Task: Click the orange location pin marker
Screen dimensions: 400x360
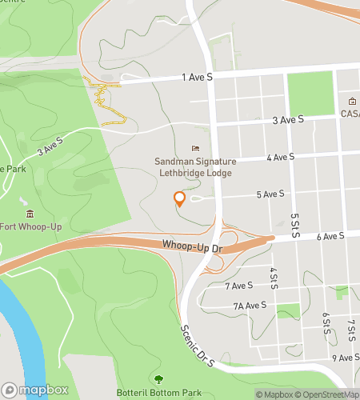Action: point(179,199)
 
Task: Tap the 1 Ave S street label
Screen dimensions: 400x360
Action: point(198,77)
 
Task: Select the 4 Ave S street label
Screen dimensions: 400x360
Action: point(280,157)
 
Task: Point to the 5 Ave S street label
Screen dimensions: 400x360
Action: point(270,194)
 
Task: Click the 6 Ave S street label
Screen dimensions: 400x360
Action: point(330,236)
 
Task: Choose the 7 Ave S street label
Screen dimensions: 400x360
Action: point(239,285)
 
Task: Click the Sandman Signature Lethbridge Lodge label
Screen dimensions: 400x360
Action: point(194,167)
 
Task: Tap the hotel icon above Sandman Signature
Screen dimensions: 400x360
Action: point(194,148)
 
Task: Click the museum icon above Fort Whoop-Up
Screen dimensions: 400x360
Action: point(30,213)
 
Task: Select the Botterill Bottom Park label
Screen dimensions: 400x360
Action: point(158,393)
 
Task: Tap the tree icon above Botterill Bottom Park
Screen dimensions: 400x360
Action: point(158,378)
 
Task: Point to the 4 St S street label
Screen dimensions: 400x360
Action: point(274,278)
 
